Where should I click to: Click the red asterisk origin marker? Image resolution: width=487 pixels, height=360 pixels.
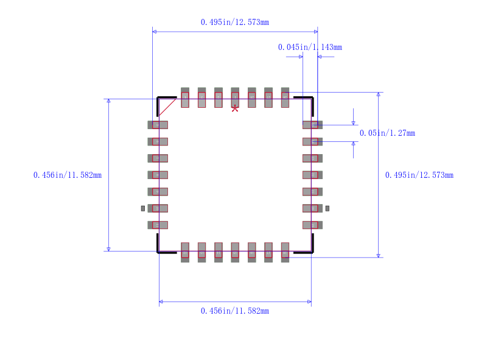(x=235, y=108)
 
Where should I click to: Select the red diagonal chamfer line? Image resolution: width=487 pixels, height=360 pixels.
(x=167, y=107)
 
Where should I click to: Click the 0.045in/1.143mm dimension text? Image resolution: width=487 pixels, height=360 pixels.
(x=310, y=47)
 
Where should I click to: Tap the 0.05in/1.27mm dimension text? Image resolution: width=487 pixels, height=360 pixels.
(x=387, y=133)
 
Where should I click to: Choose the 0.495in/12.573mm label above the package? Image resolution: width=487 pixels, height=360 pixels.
(x=235, y=22)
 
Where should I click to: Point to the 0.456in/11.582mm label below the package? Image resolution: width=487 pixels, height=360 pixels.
(x=235, y=311)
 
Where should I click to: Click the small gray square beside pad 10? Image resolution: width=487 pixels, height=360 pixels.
(x=143, y=208)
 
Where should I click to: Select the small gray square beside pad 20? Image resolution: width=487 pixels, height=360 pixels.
(x=327, y=208)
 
